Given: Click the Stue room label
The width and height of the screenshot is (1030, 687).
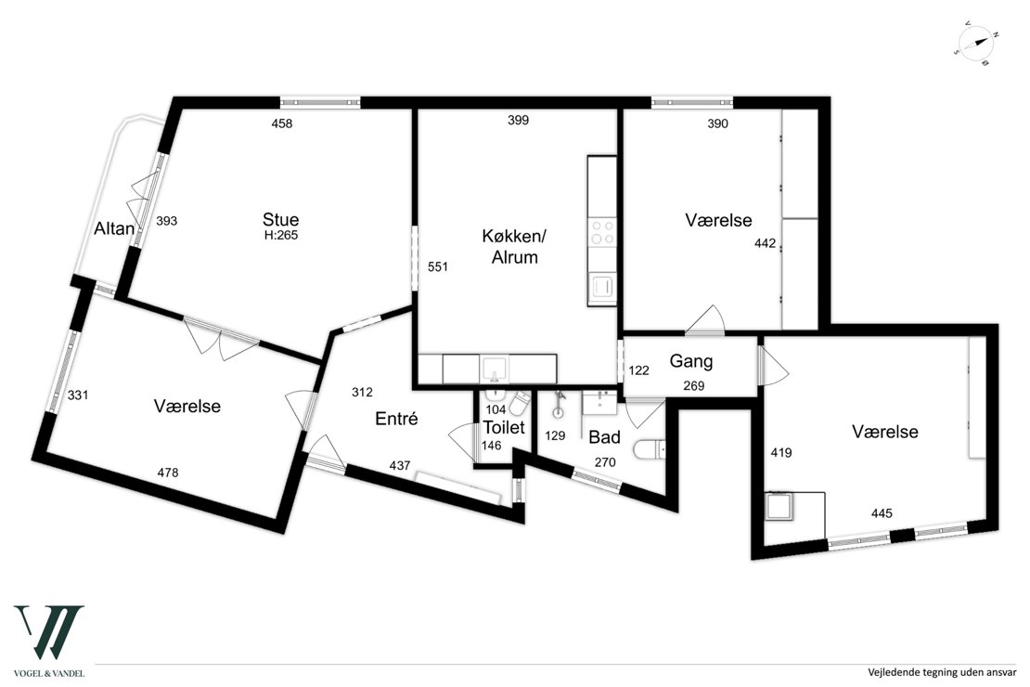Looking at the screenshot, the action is coord(280,219).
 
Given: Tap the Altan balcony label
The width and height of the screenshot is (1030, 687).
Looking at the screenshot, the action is coord(114,228).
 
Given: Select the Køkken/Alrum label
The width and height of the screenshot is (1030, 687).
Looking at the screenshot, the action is coord(514,247).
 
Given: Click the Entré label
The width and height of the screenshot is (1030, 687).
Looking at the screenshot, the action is coord(396,419).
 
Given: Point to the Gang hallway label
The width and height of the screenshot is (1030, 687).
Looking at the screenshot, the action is coord(691,361).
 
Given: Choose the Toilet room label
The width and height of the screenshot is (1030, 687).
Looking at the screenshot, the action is coord(504,427).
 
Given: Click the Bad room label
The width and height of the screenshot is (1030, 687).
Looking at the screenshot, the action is coord(604,437).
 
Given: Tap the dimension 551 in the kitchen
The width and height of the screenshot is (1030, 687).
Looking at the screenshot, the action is coord(437,266).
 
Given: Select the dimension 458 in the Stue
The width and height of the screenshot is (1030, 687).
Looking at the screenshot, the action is coord(282,123).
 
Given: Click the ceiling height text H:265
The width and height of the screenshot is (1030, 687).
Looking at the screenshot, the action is coord(281,235).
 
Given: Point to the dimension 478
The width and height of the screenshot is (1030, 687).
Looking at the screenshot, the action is coord(168,472).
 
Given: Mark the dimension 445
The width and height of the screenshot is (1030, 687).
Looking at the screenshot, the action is coord(882,512).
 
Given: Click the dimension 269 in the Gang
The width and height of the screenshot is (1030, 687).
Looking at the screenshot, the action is coord(694,386).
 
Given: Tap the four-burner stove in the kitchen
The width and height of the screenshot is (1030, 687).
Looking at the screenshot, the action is coord(601,232).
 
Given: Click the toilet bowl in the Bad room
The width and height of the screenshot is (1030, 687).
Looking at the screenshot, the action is coord(650,450).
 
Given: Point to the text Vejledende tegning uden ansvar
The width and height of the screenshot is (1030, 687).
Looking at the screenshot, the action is coord(942,672).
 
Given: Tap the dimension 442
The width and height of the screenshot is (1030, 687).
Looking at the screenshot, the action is coord(765,243).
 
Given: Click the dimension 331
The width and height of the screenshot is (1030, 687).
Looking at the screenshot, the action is coord(78,395).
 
